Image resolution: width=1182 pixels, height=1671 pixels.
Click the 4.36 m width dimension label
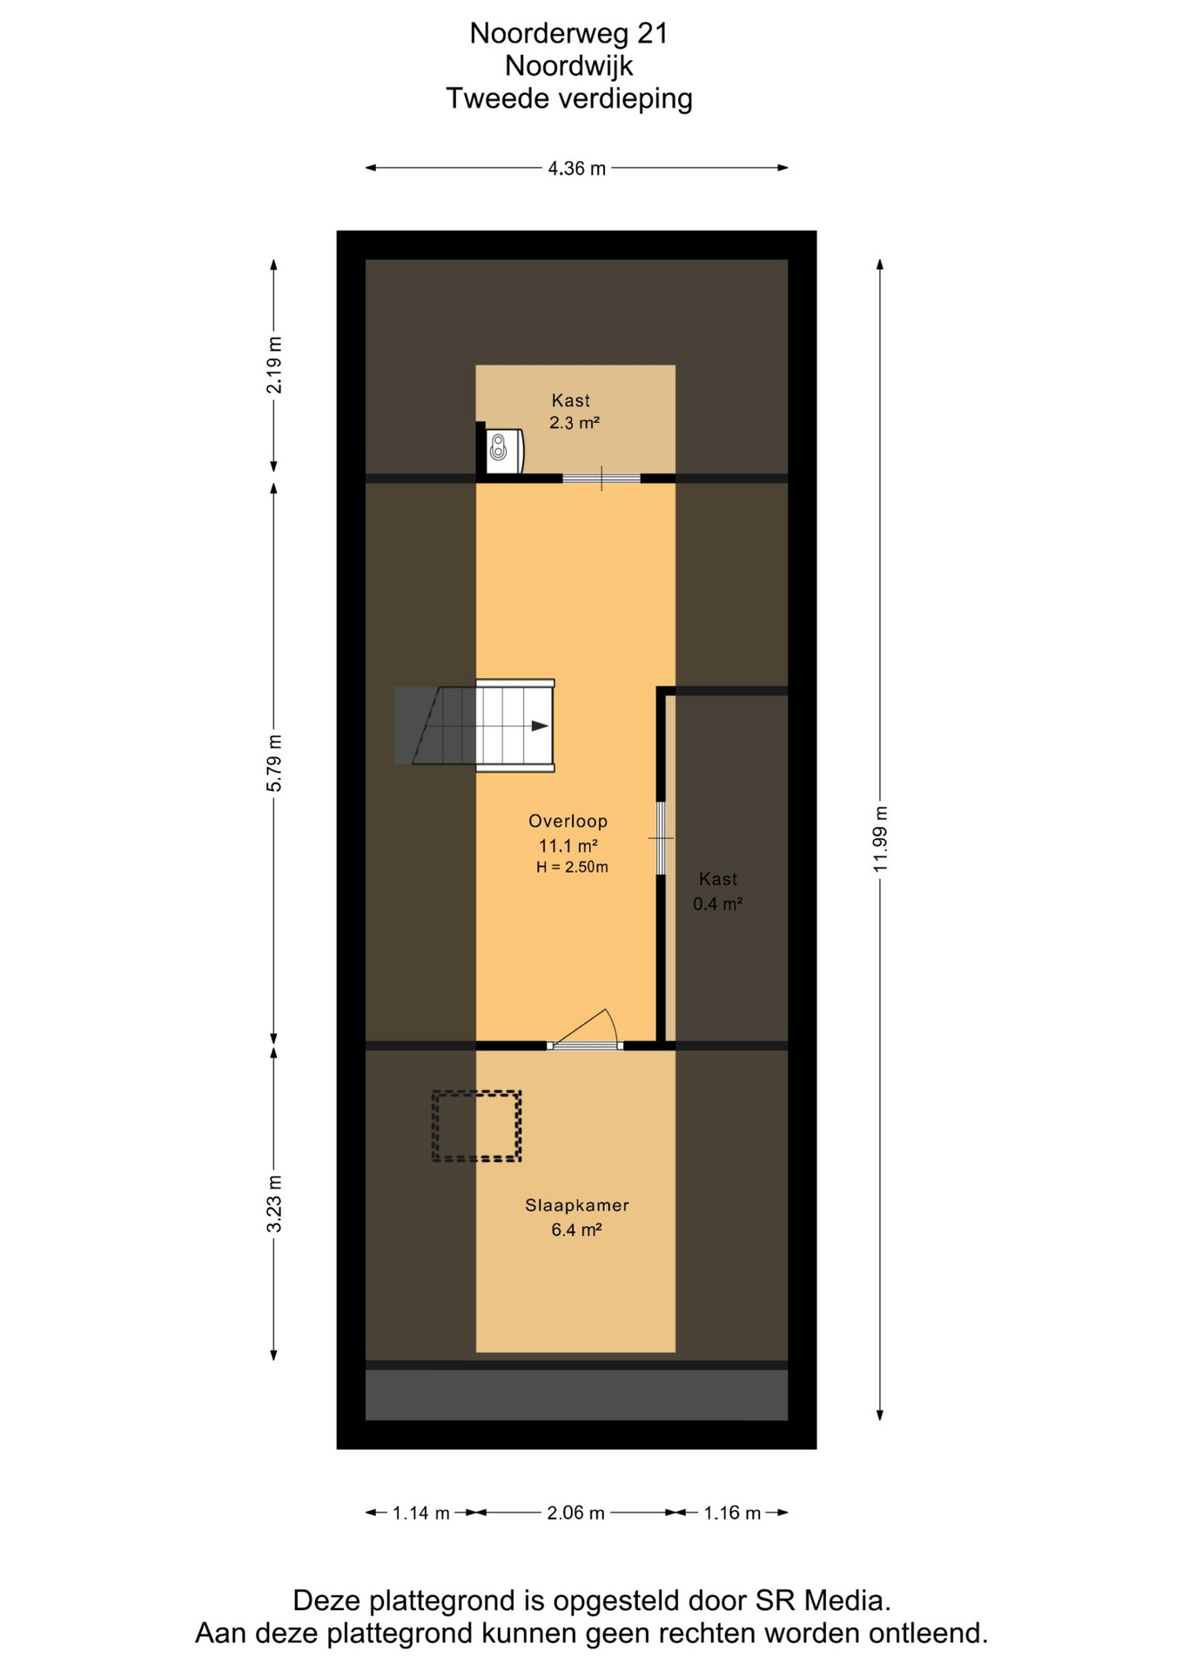click(576, 169)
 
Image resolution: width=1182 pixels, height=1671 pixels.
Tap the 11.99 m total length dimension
click(881, 839)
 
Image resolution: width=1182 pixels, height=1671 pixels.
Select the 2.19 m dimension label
click(274, 365)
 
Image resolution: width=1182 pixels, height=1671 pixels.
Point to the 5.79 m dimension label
click(274, 763)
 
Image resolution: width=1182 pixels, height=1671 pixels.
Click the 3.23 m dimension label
click(274, 1204)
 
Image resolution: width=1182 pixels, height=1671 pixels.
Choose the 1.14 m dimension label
click(421, 1513)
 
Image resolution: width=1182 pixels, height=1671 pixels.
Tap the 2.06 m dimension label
click(575, 1513)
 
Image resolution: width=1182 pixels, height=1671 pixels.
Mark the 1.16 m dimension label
click(732, 1513)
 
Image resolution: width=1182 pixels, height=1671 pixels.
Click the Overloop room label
click(567, 821)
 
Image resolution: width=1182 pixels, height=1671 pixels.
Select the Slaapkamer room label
click(576, 1205)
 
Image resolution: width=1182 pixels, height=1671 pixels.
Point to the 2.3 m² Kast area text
click(574, 423)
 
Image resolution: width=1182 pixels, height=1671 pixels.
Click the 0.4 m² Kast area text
click(717, 904)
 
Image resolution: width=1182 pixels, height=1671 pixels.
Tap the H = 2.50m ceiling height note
click(572, 867)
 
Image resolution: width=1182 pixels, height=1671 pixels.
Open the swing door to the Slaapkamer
click(585, 1030)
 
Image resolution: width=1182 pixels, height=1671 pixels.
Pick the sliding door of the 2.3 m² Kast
click(601, 478)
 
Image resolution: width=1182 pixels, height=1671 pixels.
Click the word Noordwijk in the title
click(569, 66)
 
